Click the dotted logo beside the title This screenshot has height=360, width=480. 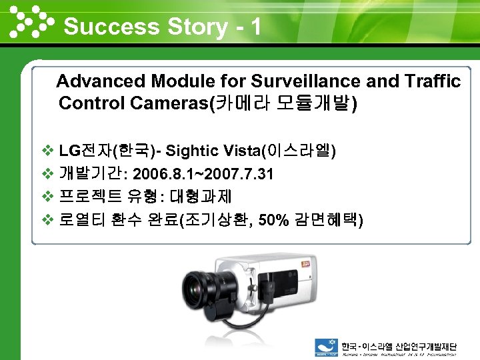[x=30, y=22]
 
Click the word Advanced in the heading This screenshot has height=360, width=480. [x=101, y=81]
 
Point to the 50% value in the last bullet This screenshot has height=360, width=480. [x=272, y=220]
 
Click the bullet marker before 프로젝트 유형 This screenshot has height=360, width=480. [x=47, y=197]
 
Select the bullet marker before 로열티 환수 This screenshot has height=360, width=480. [x=47, y=220]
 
